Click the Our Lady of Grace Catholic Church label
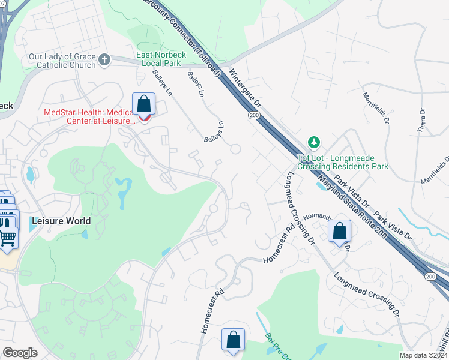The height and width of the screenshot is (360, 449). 62,61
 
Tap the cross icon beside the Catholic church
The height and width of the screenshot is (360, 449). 105,59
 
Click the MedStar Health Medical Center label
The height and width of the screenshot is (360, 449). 89,116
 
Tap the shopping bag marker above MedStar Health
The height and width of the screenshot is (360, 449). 144,104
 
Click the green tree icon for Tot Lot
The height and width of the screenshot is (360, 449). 313,142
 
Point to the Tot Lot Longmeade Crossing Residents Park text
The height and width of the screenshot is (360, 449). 342,162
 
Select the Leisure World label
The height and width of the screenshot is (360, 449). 61,221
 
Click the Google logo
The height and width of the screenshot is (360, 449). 20,353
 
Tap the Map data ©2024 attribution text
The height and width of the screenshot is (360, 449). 423,355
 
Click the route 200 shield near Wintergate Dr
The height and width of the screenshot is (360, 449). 254,114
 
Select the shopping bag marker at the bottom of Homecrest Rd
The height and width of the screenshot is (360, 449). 234,340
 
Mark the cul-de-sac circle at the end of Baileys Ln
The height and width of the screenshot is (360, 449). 235,149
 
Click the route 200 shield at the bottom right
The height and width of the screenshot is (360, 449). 431,275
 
